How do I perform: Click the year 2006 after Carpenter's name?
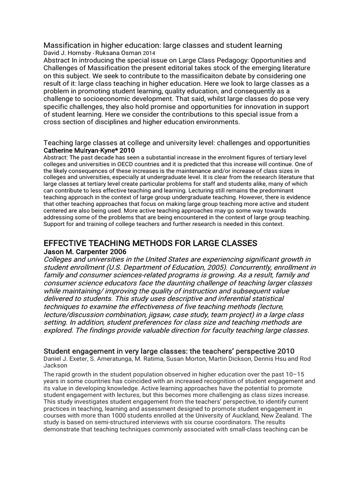117,252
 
